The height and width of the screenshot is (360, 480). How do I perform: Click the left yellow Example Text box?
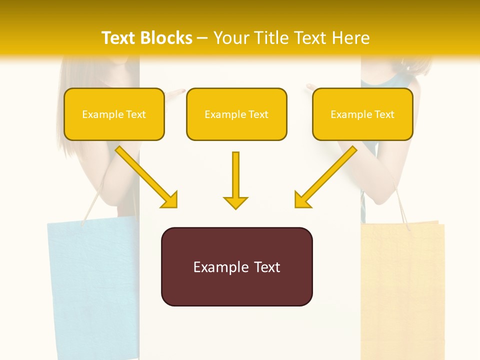click(x=114, y=114)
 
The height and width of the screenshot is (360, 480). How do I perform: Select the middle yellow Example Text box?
click(x=236, y=114)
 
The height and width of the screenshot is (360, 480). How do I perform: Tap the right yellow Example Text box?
click(x=362, y=114)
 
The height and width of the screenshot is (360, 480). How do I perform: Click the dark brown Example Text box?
click(x=236, y=266)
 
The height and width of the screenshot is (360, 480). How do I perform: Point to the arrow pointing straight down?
click(x=235, y=180)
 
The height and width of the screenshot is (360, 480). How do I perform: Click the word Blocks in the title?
click(x=167, y=38)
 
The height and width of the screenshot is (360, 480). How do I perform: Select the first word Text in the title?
click(x=119, y=38)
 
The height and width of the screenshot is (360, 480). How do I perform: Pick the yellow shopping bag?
click(x=402, y=290)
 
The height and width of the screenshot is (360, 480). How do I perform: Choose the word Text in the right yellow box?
click(x=384, y=114)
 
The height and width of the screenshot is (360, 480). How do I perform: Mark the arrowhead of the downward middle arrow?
click(x=235, y=202)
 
